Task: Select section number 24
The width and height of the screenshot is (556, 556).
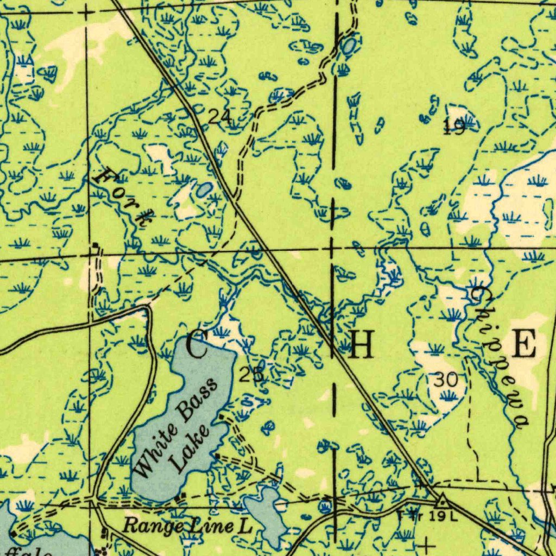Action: click(220, 116)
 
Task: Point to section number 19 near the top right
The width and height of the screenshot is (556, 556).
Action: click(453, 127)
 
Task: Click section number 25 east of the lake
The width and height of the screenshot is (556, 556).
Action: click(251, 375)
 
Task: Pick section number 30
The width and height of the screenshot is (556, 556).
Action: click(445, 380)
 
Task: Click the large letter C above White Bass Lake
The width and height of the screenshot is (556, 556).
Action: click(197, 346)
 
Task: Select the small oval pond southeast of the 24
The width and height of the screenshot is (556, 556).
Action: click(205, 189)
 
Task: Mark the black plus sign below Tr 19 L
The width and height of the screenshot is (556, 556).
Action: click(428, 544)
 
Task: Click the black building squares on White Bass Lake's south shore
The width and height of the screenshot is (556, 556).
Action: click(181, 496)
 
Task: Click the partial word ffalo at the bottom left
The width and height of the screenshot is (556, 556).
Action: click(33, 552)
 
